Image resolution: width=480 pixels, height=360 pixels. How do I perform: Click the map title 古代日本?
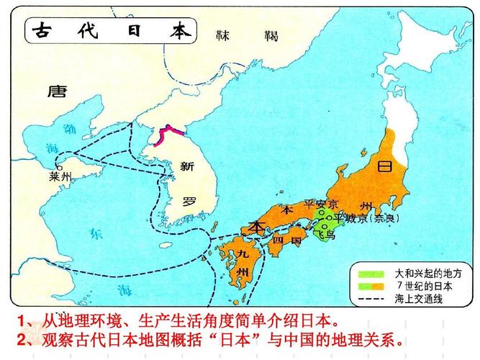coord(112,32)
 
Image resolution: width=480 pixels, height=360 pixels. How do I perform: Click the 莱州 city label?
coord(60,176)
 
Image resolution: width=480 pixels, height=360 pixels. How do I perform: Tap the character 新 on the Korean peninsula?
coord(187,167)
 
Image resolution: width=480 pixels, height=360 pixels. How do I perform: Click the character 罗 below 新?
coord(189,201)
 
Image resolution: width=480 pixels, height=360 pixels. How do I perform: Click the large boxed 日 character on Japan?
coord(384,166)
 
